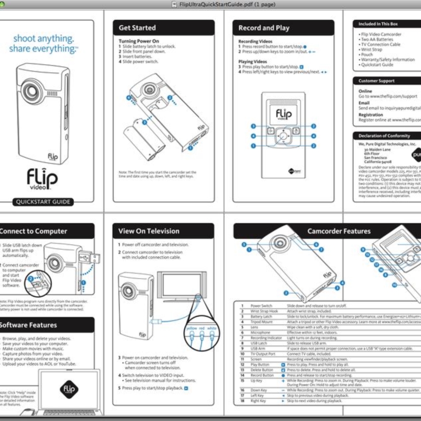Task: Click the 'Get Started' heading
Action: pyautogui.click(x=137, y=28)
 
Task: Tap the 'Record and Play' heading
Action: pyautogui.click(x=264, y=28)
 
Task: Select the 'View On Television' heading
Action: pyautogui.click(x=149, y=231)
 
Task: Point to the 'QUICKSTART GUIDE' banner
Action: pyautogui.click(x=43, y=202)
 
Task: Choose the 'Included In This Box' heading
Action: pyautogui.click(x=378, y=24)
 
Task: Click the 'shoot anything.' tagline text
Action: pyautogui.click(x=44, y=39)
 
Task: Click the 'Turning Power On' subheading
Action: pyautogui.click(x=138, y=41)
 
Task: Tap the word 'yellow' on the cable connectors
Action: pyautogui.click(x=192, y=328)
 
